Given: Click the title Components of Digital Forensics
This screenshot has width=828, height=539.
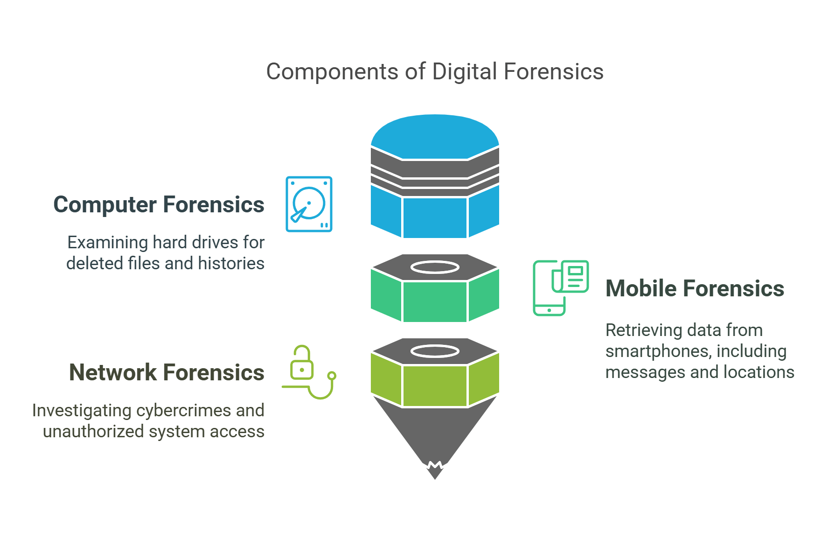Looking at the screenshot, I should point(435,72).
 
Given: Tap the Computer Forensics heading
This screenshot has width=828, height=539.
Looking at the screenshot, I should point(159,204).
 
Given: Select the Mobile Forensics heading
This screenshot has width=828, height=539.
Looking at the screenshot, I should point(695,288).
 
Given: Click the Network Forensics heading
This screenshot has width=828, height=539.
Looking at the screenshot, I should point(167,372).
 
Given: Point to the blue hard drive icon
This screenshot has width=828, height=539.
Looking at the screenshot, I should point(309,204).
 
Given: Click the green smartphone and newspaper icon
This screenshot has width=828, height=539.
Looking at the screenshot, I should point(560,287).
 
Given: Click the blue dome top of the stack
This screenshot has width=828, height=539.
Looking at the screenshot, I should point(435,135).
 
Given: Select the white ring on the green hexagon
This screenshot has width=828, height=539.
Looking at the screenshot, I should point(435,267).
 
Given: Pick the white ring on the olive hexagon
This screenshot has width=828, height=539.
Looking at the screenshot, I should point(435,351).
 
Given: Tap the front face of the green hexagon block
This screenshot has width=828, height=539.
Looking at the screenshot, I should point(435,301).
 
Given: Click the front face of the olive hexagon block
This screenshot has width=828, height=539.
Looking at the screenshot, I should point(435,385).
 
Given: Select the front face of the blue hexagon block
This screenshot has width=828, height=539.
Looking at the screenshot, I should point(435,217).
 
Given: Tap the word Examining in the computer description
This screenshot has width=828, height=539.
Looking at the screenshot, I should point(108,243).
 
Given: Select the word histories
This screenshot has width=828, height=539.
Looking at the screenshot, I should point(231,264).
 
